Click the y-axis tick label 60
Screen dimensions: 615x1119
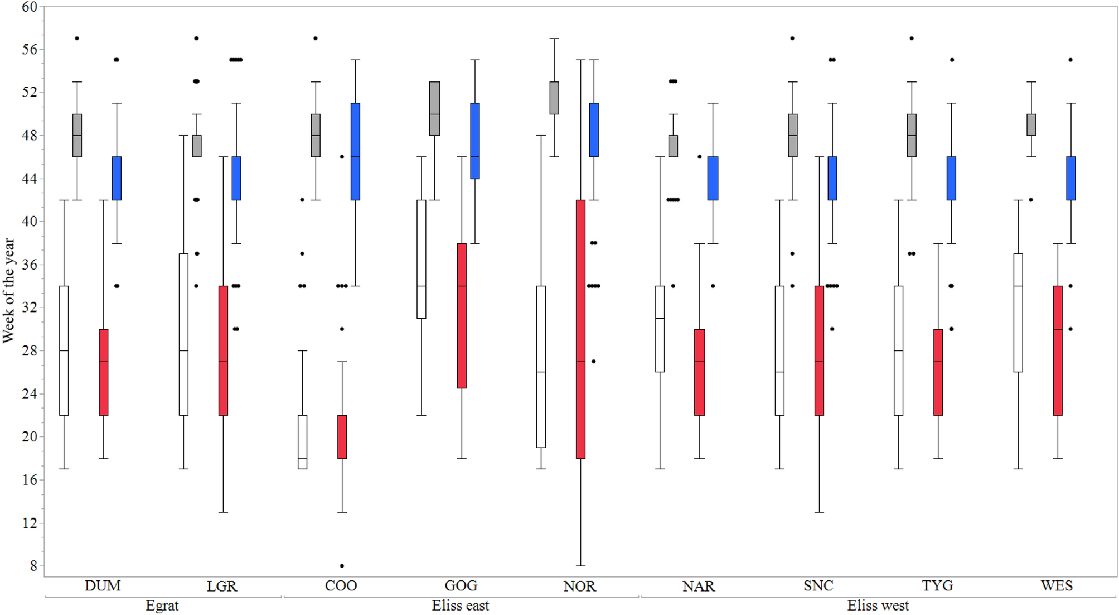click(29, 7)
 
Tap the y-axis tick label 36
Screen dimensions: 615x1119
click(29, 265)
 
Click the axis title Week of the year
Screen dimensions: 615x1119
click(9, 290)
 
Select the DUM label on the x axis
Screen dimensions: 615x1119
click(103, 586)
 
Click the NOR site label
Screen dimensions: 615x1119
click(580, 586)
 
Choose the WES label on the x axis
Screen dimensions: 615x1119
click(1057, 586)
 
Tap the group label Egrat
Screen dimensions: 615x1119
click(162, 606)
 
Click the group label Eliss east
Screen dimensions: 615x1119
click(461, 606)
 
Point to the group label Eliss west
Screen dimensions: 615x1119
click(878, 606)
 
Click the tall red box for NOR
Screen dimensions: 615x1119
click(580, 329)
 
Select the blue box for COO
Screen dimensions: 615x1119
click(356, 151)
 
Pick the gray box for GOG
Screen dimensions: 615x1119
click(434, 108)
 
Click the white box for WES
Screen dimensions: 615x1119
click(1018, 313)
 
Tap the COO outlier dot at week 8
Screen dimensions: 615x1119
click(342, 566)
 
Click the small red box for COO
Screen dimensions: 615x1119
click(342, 437)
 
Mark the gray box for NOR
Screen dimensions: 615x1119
click(554, 98)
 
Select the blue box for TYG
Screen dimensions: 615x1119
click(951, 178)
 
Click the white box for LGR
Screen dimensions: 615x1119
click(183, 334)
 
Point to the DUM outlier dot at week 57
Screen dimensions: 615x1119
click(77, 39)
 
